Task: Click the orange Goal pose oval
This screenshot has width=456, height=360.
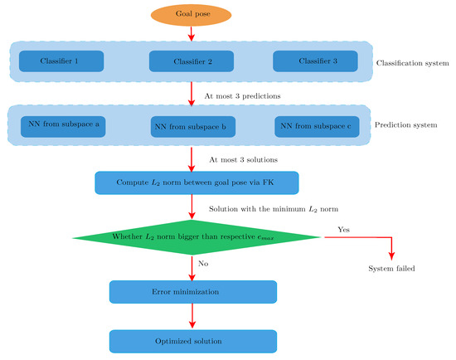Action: click(x=192, y=15)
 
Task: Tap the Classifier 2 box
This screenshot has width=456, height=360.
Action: click(x=192, y=62)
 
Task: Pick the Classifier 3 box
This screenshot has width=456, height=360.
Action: click(x=316, y=62)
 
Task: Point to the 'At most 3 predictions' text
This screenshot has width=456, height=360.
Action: click(x=242, y=95)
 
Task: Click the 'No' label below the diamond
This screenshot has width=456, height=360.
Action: click(x=203, y=262)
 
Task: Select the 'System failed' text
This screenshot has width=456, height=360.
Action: click(x=392, y=270)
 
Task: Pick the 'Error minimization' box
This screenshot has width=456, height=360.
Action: click(x=192, y=291)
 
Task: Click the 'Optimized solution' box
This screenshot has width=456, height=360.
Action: click(x=192, y=341)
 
